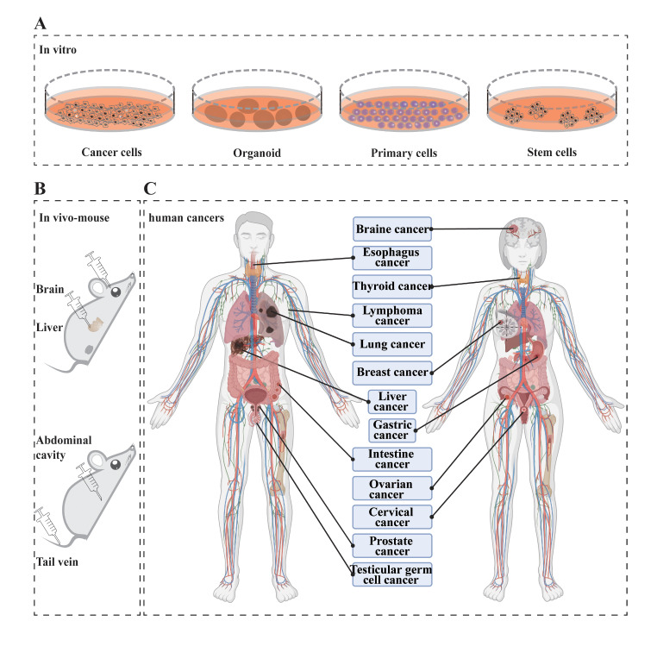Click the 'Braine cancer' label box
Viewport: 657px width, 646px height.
pyautogui.click(x=392, y=229)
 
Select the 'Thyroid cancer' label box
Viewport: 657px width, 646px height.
pyautogui.click(x=392, y=285)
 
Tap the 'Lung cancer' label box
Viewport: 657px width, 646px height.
pyautogui.click(x=392, y=344)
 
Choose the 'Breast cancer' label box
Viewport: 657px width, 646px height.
pyautogui.click(x=392, y=373)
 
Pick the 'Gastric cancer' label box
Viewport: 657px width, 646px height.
pyautogui.click(x=392, y=430)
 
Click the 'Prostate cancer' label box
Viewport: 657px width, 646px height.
pyautogui.click(x=392, y=545)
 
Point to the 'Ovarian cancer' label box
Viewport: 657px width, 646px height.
pyautogui.click(x=392, y=488)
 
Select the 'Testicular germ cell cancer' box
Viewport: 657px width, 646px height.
pyautogui.click(x=392, y=574)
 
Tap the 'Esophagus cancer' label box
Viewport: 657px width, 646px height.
pyautogui.click(x=392, y=258)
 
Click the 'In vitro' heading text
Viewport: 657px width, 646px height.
pyautogui.click(x=58, y=49)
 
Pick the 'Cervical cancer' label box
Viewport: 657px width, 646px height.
pyautogui.click(x=392, y=517)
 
